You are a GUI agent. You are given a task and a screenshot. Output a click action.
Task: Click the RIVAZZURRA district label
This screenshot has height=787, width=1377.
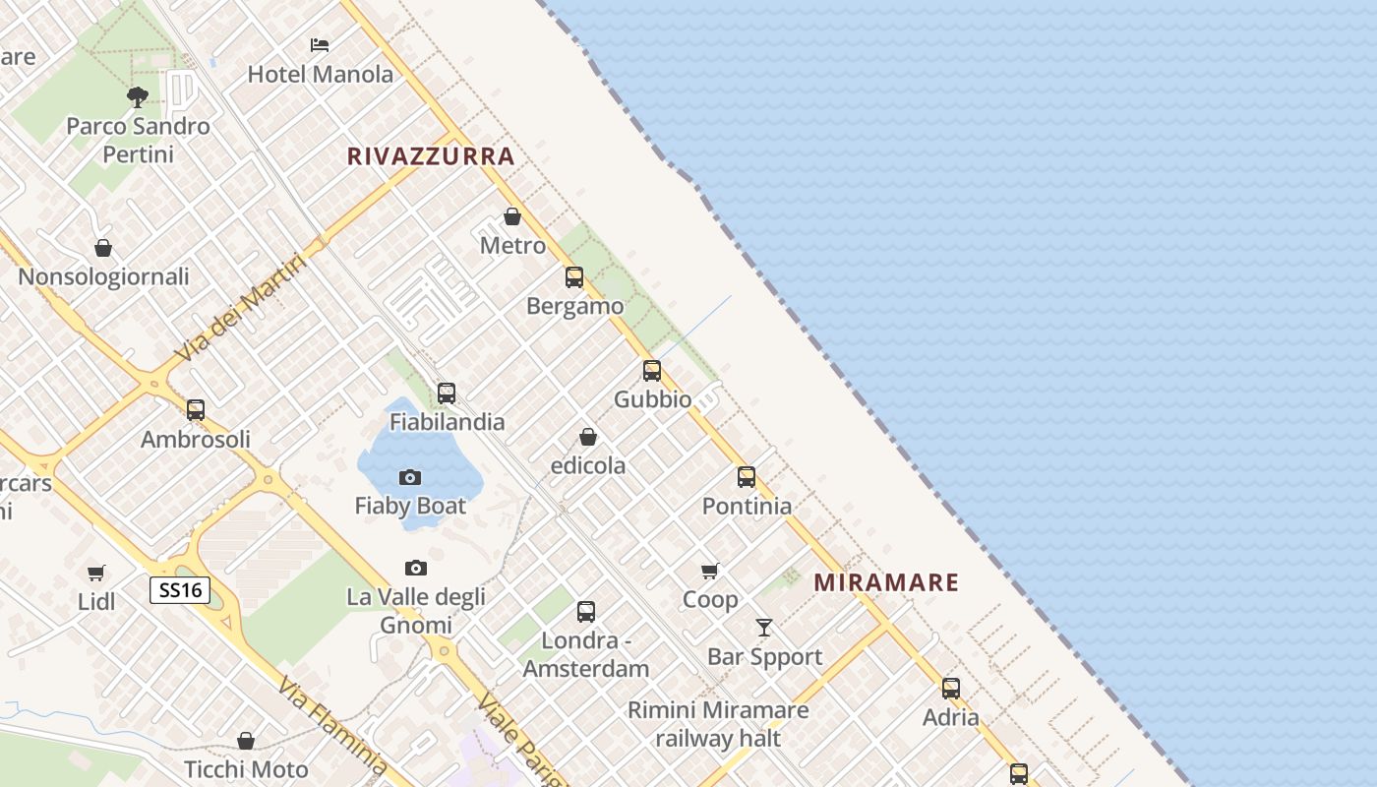click(431, 155)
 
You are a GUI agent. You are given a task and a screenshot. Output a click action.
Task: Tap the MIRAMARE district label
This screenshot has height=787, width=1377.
click(886, 582)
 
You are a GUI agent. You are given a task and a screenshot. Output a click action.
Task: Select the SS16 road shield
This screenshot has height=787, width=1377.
click(180, 590)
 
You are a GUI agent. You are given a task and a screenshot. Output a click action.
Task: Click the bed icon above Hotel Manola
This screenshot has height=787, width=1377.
click(320, 45)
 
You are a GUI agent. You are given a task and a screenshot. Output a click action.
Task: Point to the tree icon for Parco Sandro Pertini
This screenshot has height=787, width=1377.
click(138, 97)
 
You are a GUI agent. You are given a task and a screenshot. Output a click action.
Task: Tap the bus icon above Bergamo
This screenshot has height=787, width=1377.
click(574, 277)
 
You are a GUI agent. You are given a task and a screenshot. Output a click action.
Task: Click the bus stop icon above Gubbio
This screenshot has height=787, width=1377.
click(652, 371)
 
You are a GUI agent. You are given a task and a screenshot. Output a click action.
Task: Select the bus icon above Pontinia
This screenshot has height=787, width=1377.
click(747, 477)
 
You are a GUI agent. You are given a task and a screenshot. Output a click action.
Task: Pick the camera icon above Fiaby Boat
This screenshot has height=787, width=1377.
click(410, 478)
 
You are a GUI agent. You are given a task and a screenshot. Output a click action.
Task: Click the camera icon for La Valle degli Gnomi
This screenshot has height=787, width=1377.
click(416, 569)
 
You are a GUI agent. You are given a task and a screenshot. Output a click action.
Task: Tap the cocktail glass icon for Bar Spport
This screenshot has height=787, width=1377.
click(764, 628)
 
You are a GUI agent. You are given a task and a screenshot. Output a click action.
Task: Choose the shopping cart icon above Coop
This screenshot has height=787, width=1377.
click(710, 571)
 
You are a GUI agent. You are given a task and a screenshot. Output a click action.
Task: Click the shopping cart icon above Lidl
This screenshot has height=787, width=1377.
click(96, 573)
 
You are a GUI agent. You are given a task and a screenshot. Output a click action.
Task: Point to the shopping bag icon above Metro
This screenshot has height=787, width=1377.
click(512, 216)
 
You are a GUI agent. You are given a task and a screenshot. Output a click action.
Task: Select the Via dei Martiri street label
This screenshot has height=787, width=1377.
click(240, 306)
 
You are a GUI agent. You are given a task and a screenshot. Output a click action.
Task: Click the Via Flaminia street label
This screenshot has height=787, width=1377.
click(332, 726)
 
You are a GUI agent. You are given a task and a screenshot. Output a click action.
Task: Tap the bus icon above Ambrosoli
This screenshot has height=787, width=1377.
click(196, 410)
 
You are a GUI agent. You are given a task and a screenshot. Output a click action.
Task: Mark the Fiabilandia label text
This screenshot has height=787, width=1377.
click(448, 422)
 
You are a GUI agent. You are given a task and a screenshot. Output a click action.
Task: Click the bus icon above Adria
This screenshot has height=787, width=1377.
click(951, 689)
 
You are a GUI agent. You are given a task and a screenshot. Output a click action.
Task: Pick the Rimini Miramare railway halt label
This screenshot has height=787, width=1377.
click(718, 724)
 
